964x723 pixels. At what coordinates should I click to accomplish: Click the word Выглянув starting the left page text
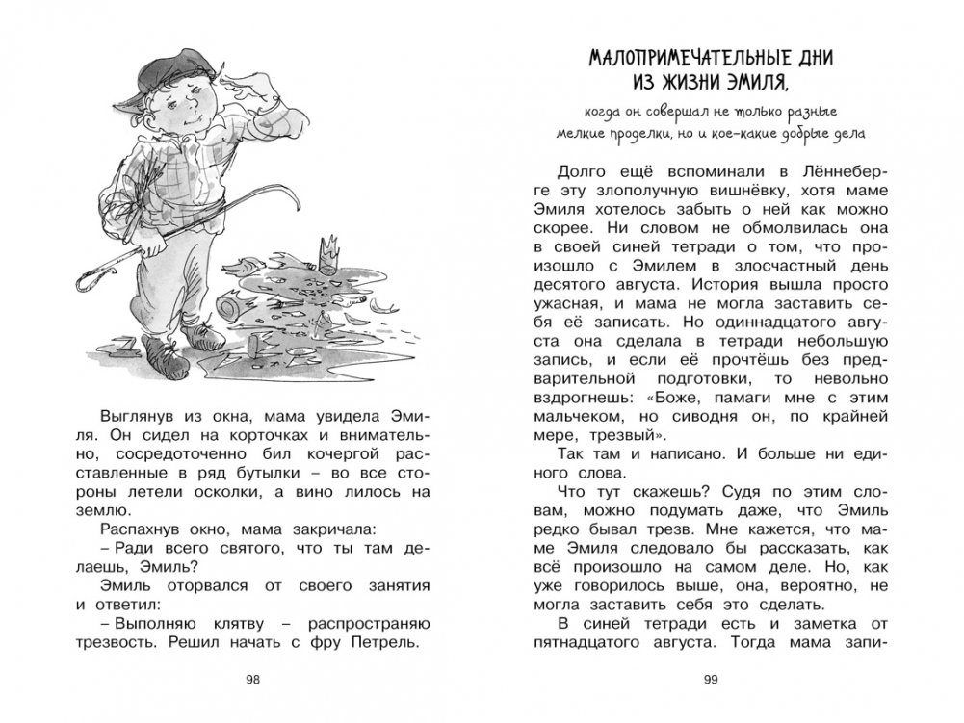pyautogui.click(x=136, y=414)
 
